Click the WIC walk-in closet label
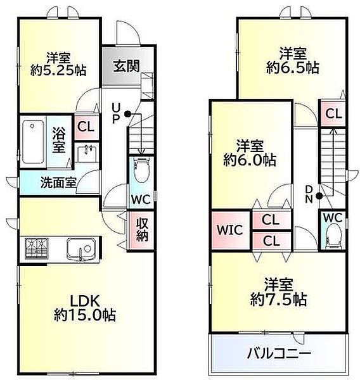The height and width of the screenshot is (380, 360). click(231, 230)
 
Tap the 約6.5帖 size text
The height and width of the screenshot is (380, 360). click(292, 66)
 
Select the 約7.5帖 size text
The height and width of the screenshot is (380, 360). click(280, 298)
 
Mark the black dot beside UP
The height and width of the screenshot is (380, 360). click(127, 114)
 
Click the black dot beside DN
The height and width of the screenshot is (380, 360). click(319, 195)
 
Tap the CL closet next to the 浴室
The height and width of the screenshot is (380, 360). click(84, 127)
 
